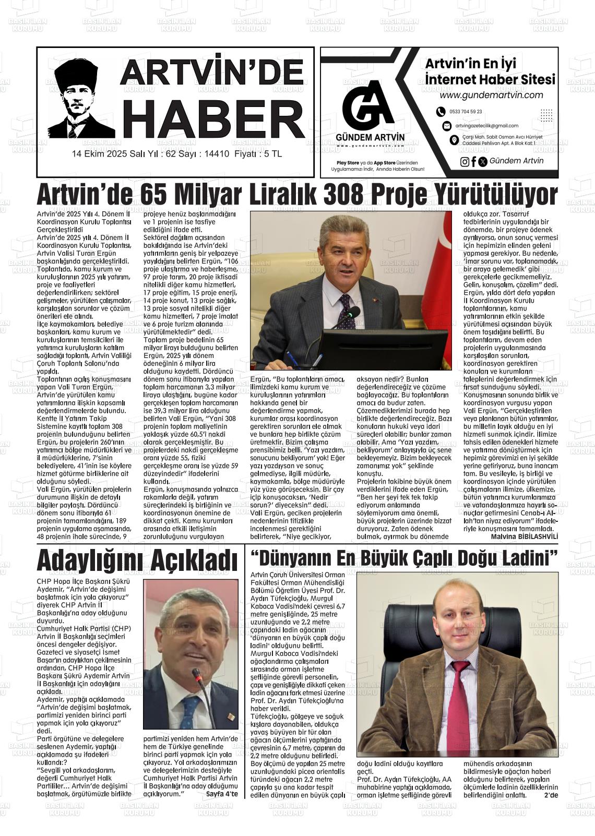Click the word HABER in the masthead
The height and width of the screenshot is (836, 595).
tap(213, 120)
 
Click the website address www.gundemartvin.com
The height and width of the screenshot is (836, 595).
tap(491, 95)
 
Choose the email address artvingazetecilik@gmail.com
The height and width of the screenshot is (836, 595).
tap(486, 126)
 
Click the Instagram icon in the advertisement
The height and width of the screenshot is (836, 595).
tap(465, 162)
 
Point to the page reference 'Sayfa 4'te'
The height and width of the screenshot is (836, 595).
tap(222, 794)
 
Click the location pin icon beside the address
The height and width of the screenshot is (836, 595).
tap(454, 140)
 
